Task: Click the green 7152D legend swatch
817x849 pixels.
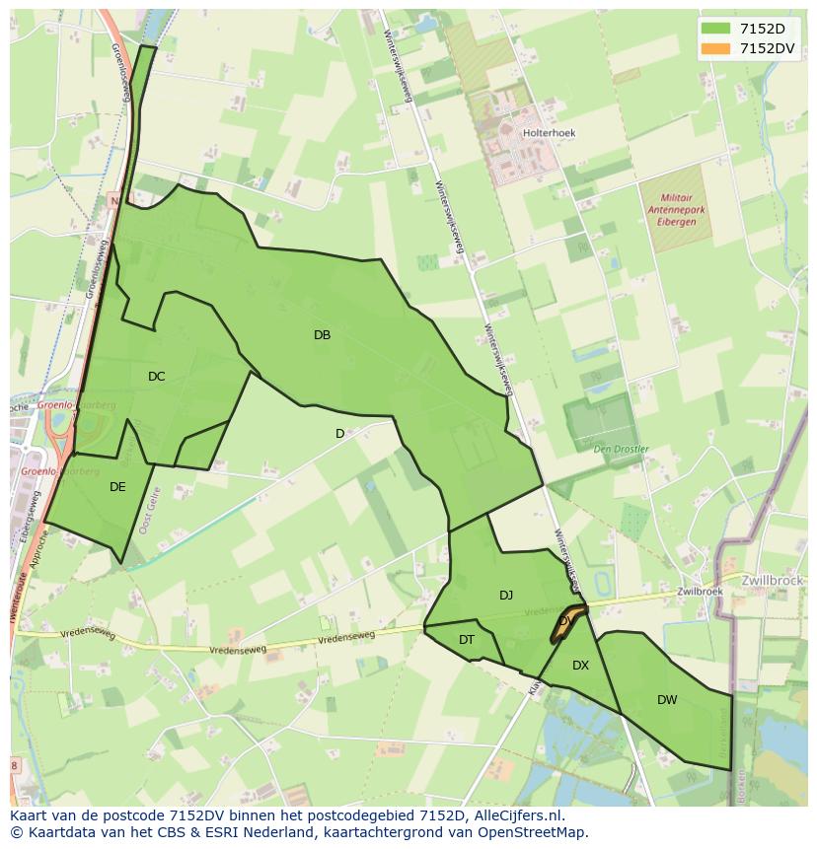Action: click(x=715, y=28)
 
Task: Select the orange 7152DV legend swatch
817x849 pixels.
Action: click(x=715, y=47)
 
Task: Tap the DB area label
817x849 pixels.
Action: click(x=322, y=335)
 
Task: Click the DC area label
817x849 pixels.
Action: click(x=156, y=377)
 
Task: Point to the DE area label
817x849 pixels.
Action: click(x=117, y=486)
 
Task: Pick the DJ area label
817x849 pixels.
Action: click(x=506, y=595)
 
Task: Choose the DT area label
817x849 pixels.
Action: click(x=467, y=640)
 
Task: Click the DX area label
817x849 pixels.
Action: click(x=580, y=666)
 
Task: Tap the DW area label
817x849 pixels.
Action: click(x=667, y=700)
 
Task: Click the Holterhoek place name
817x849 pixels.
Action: click(x=550, y=132)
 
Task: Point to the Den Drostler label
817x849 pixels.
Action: click(x=621, y=449)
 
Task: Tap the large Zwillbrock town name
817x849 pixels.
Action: click(x=775, y=580)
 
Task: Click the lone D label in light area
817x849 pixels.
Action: click(x=339, y=434)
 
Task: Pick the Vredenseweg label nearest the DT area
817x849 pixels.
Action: click(x=346, y=639)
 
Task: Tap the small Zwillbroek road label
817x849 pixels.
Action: click(x=700, y=592)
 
